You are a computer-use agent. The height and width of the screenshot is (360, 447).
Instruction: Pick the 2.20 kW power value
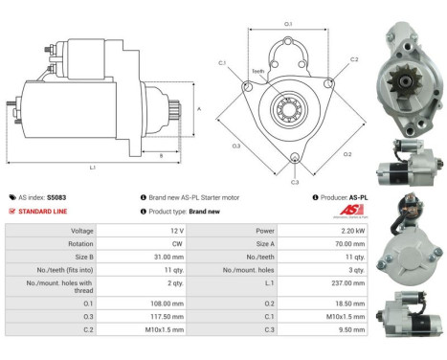(350, 231)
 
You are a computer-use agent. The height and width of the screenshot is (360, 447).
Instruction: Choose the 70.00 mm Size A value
(349, 244)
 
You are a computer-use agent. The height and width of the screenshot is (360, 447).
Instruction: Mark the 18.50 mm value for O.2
(350, 302)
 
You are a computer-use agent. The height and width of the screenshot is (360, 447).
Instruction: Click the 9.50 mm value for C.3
(351, 328)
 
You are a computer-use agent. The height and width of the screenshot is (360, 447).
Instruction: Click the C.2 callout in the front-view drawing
(353, 59)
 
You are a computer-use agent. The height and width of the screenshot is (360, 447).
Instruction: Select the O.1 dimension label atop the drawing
(288, 23)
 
